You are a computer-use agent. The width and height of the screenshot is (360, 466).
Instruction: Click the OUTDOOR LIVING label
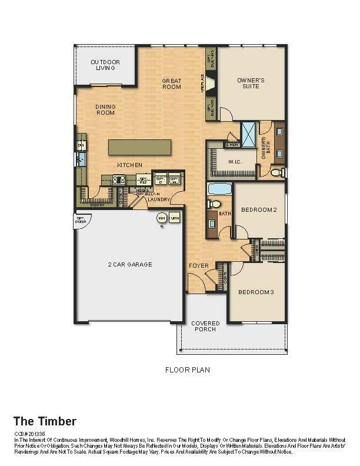point(105,65)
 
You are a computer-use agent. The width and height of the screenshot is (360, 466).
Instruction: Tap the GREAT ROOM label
point(172,84)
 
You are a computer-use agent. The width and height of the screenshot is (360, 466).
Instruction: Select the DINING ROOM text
point(105,109)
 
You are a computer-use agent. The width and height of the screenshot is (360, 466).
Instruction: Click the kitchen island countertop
point(139,147)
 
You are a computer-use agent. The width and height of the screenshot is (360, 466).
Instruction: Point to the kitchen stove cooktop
point(119,181)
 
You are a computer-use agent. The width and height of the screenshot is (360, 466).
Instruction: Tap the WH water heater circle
point(161,218)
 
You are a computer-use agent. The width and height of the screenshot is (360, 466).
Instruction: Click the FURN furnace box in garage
point(174,218)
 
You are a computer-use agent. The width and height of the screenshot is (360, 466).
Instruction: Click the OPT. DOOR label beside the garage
point(81,220)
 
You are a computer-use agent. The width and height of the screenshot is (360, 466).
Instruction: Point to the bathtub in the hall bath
point(219,189)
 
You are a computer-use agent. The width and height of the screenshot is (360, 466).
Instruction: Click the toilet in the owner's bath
point(276,172)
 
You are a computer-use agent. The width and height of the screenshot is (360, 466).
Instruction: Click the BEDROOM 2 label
point(259,209)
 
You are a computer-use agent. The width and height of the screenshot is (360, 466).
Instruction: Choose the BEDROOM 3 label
point(256,292)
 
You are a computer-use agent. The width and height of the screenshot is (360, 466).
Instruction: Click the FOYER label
point(199,266)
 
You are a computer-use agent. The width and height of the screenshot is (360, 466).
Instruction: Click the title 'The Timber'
point(45,421)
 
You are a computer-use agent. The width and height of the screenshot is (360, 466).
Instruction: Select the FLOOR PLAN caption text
point(187,370)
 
